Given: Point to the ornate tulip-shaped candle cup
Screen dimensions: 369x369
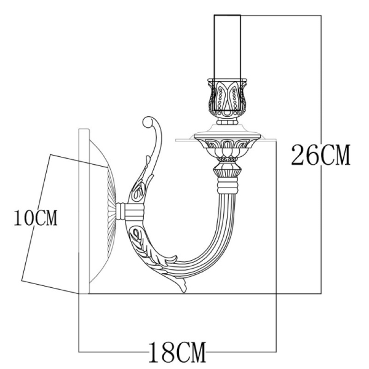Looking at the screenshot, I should (x=228, y=98).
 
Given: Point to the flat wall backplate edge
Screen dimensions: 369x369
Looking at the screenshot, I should (x=84, y=209).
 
